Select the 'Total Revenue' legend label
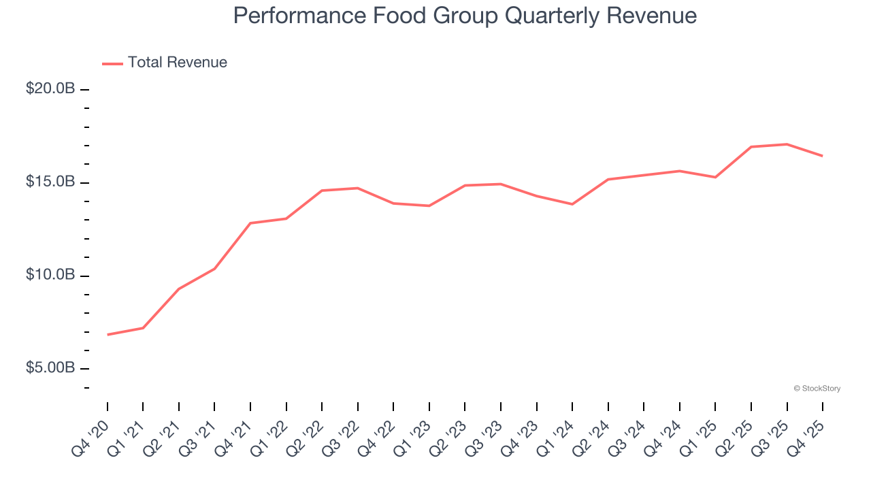(x=177, y=63)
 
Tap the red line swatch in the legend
(x=112, y=63)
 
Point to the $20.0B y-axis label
(x=50, y=89)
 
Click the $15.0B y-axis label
(x=50, y=182)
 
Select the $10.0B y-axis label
(x=50, y=275)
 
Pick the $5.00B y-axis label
(x=50, y=368)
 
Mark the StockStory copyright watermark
(x=817, y=389)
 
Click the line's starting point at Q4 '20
(x=108, y=335)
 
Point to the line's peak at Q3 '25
(x=787, y=144)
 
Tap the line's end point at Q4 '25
(x=823, y=156)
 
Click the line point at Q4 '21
(x=250, y=223)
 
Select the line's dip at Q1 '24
(x=572, y=204)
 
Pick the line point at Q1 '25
(x=715, y=177)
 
